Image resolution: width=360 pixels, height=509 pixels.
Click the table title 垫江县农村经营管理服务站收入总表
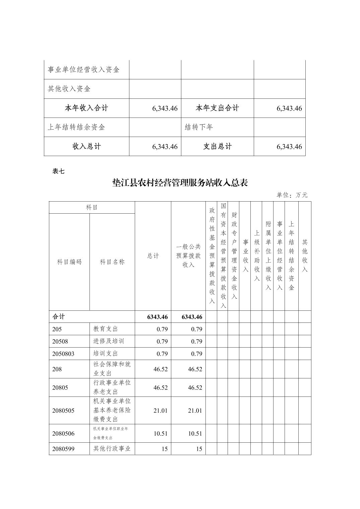click(180, 183)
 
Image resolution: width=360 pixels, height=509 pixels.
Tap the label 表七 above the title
click(58, 171)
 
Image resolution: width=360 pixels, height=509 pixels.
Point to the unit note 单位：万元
click(292, 195)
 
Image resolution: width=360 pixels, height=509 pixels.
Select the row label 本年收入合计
click(86, 108)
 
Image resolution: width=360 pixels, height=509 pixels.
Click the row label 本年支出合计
click(217, 108)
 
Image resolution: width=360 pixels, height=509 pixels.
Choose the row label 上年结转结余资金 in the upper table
click(76, 127)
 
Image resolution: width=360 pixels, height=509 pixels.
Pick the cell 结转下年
click(199, 127)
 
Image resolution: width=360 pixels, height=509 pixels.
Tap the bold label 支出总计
click(217, 146)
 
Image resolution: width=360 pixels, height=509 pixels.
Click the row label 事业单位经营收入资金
click(83, 70)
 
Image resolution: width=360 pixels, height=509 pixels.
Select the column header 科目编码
click(69, 262)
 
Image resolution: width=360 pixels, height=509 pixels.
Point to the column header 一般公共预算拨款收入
click(188, 256)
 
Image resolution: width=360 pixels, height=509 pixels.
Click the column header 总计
click(153, 256)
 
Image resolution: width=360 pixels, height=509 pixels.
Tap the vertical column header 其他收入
click(305, 256)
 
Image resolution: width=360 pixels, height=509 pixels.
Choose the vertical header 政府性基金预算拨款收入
click(212, 256)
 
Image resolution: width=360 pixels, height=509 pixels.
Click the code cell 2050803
click(63, 354)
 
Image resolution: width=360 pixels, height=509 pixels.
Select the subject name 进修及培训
click(109, 341)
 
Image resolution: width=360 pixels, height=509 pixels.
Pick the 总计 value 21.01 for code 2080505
click(161, 411)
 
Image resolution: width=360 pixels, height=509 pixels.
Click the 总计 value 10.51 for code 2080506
click(161, 434)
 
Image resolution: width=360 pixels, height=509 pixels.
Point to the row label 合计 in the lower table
click(59, 317)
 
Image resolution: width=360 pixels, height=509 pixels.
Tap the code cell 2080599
click(63, 449)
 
